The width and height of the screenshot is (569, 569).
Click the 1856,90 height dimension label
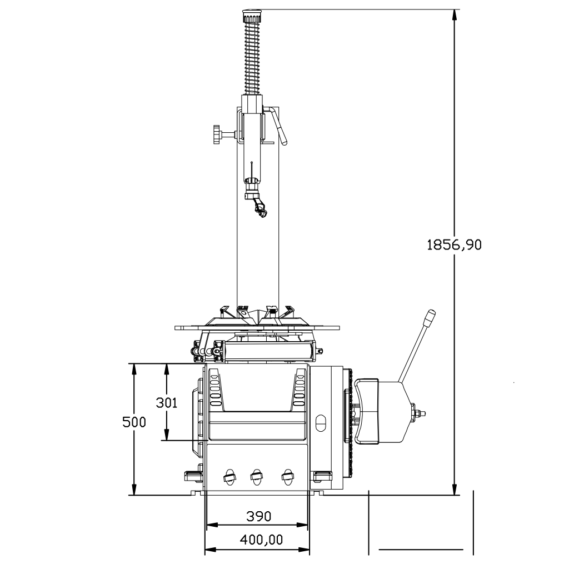454,245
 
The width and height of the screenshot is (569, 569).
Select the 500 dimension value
134,422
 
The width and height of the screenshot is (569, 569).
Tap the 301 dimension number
167,402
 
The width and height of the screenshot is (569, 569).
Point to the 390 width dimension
258,516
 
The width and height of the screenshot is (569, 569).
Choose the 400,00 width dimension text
261,540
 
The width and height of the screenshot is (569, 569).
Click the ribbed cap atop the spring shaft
252,16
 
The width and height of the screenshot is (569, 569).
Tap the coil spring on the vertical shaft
252,57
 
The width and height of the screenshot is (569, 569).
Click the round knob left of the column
217,134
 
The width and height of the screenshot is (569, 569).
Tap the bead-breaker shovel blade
367,411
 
